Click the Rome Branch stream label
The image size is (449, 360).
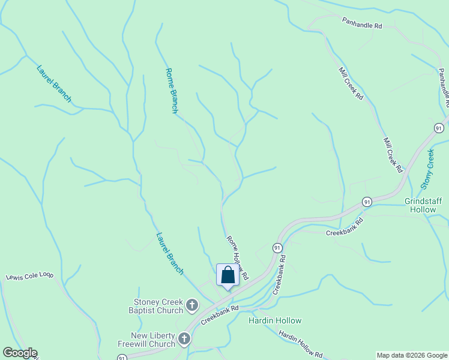click(171, 91)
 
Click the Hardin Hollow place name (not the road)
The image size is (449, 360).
click(275, 320)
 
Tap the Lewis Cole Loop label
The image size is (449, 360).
click(30, 277)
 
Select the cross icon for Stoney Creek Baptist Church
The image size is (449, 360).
click(192, 305)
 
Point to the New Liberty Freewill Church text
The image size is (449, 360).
click(153, 340)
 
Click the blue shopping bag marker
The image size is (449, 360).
click(228, 275)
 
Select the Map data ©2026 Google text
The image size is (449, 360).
click(411, 355)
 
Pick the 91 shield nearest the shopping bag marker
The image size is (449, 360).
click(277, 248)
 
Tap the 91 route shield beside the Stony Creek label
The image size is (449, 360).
click(439, 128)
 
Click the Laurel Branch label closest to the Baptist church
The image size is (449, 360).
click(170, 253)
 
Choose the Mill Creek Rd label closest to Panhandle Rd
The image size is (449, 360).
click(351, 83)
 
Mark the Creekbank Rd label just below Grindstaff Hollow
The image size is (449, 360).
click(345, 227)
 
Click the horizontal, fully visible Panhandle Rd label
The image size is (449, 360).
click(362, 23)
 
